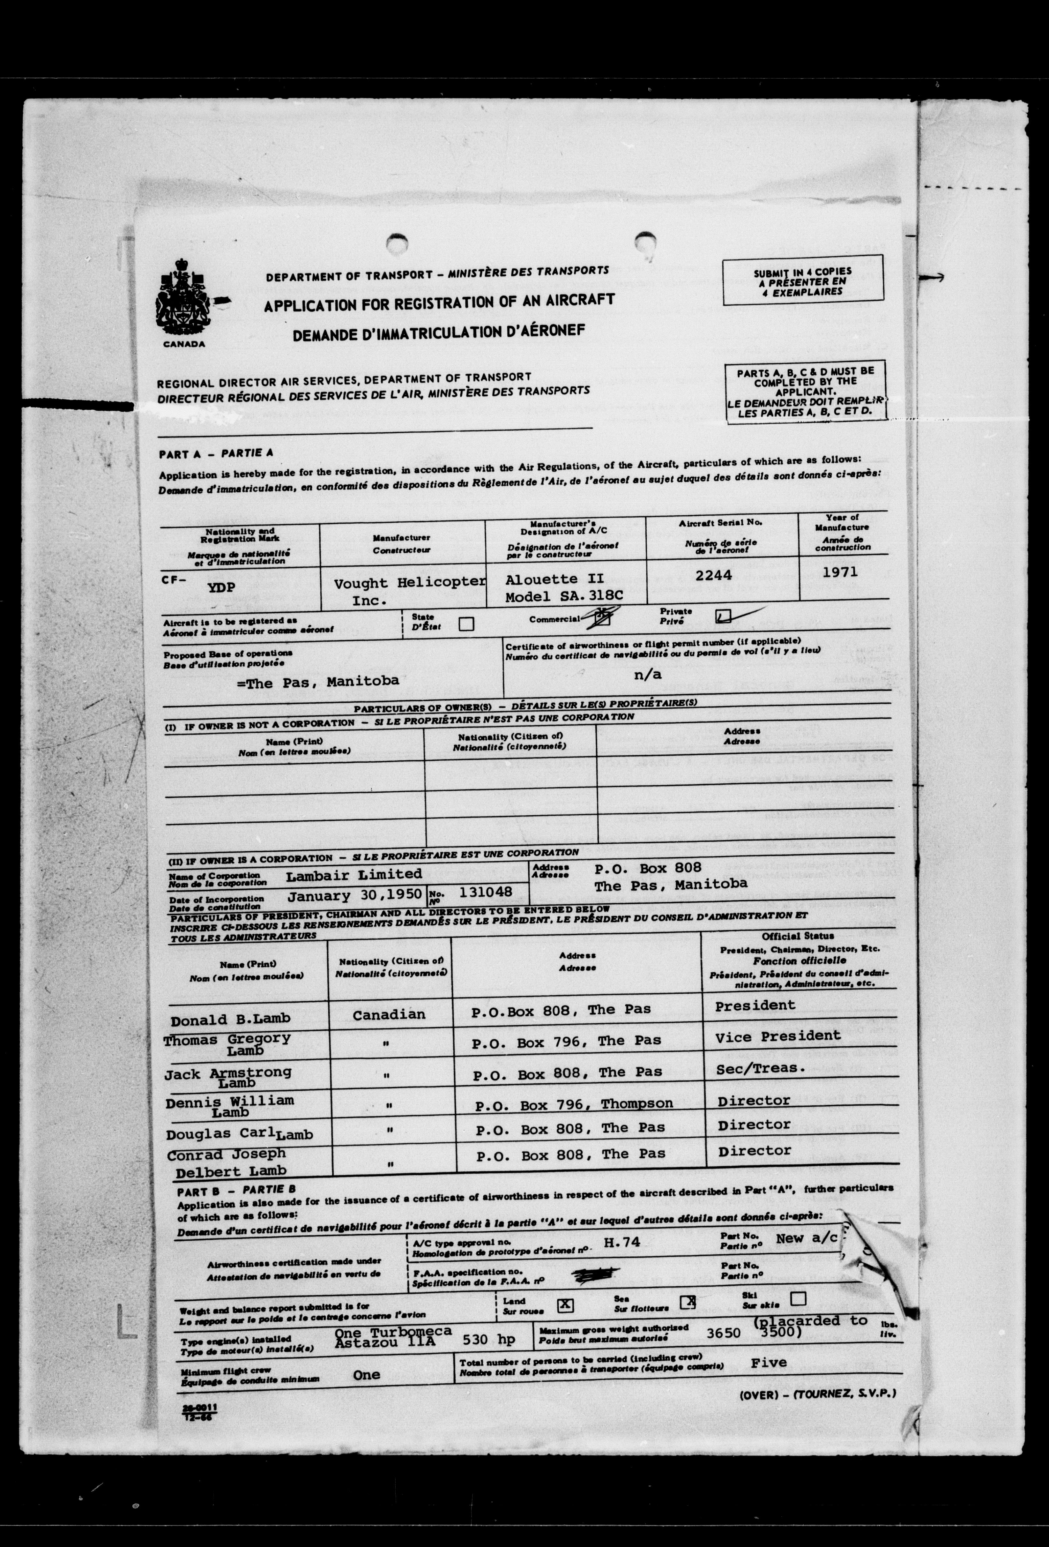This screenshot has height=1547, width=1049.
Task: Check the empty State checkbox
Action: click(466, 624)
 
